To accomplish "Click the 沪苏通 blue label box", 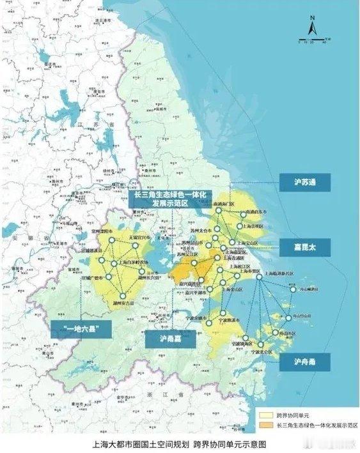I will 304,183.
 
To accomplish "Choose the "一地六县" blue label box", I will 81,328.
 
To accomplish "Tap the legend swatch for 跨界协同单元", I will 265,413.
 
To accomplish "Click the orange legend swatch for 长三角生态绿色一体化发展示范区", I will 265,424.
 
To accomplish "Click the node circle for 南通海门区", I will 218,210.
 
